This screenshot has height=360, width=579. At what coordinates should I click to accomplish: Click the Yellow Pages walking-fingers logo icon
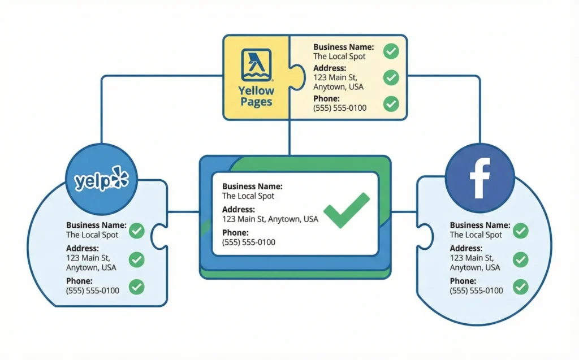click(x=256, y=64)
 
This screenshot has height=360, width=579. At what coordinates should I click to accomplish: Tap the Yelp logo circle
click(x=102, y=180)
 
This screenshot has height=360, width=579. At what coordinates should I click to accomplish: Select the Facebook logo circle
click(x=479, y=177)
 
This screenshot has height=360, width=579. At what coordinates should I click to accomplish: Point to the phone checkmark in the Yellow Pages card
click(x=391, y=103)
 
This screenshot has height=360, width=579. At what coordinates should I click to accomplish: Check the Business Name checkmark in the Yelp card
click(x=136, y=231)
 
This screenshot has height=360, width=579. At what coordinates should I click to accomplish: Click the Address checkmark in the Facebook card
click(x=520, y=259)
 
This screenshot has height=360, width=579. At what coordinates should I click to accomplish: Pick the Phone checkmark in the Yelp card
click(x=136, y=287)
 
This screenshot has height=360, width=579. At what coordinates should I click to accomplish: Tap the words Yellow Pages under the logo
click(x=256, y=96)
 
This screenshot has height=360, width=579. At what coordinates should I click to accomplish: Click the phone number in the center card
click(x=249, y=242)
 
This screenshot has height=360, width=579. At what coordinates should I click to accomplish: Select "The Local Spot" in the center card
click(x=248, y=196)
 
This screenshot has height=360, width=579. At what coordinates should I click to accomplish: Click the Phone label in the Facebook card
click(x=463, y=281)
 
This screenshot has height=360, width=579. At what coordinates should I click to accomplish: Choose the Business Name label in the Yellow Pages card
click(x=343, y=47)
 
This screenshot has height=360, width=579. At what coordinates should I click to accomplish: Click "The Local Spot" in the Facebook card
click(x=476, y=235)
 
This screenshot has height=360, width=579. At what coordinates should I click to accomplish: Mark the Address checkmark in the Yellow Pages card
click(x=391, y=77)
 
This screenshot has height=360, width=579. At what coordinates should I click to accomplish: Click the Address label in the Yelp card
click(x=83, y=248)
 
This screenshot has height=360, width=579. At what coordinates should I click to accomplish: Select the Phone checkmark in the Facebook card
click(x=520, y=287)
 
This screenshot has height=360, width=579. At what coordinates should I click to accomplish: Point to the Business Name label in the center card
click(x=252, y=186)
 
